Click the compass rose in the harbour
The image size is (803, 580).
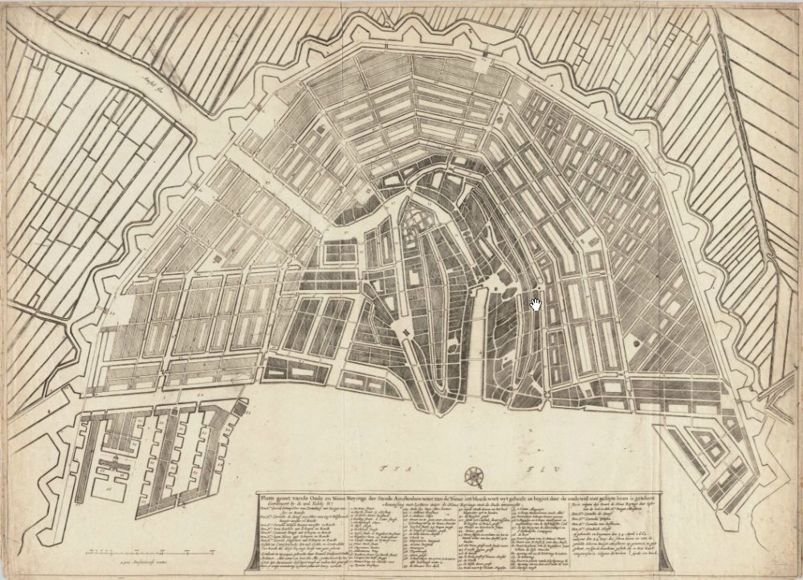tap(475, 476)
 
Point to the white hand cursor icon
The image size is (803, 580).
tap(536, 304)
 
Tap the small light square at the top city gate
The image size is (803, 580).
tap(483, 58)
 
